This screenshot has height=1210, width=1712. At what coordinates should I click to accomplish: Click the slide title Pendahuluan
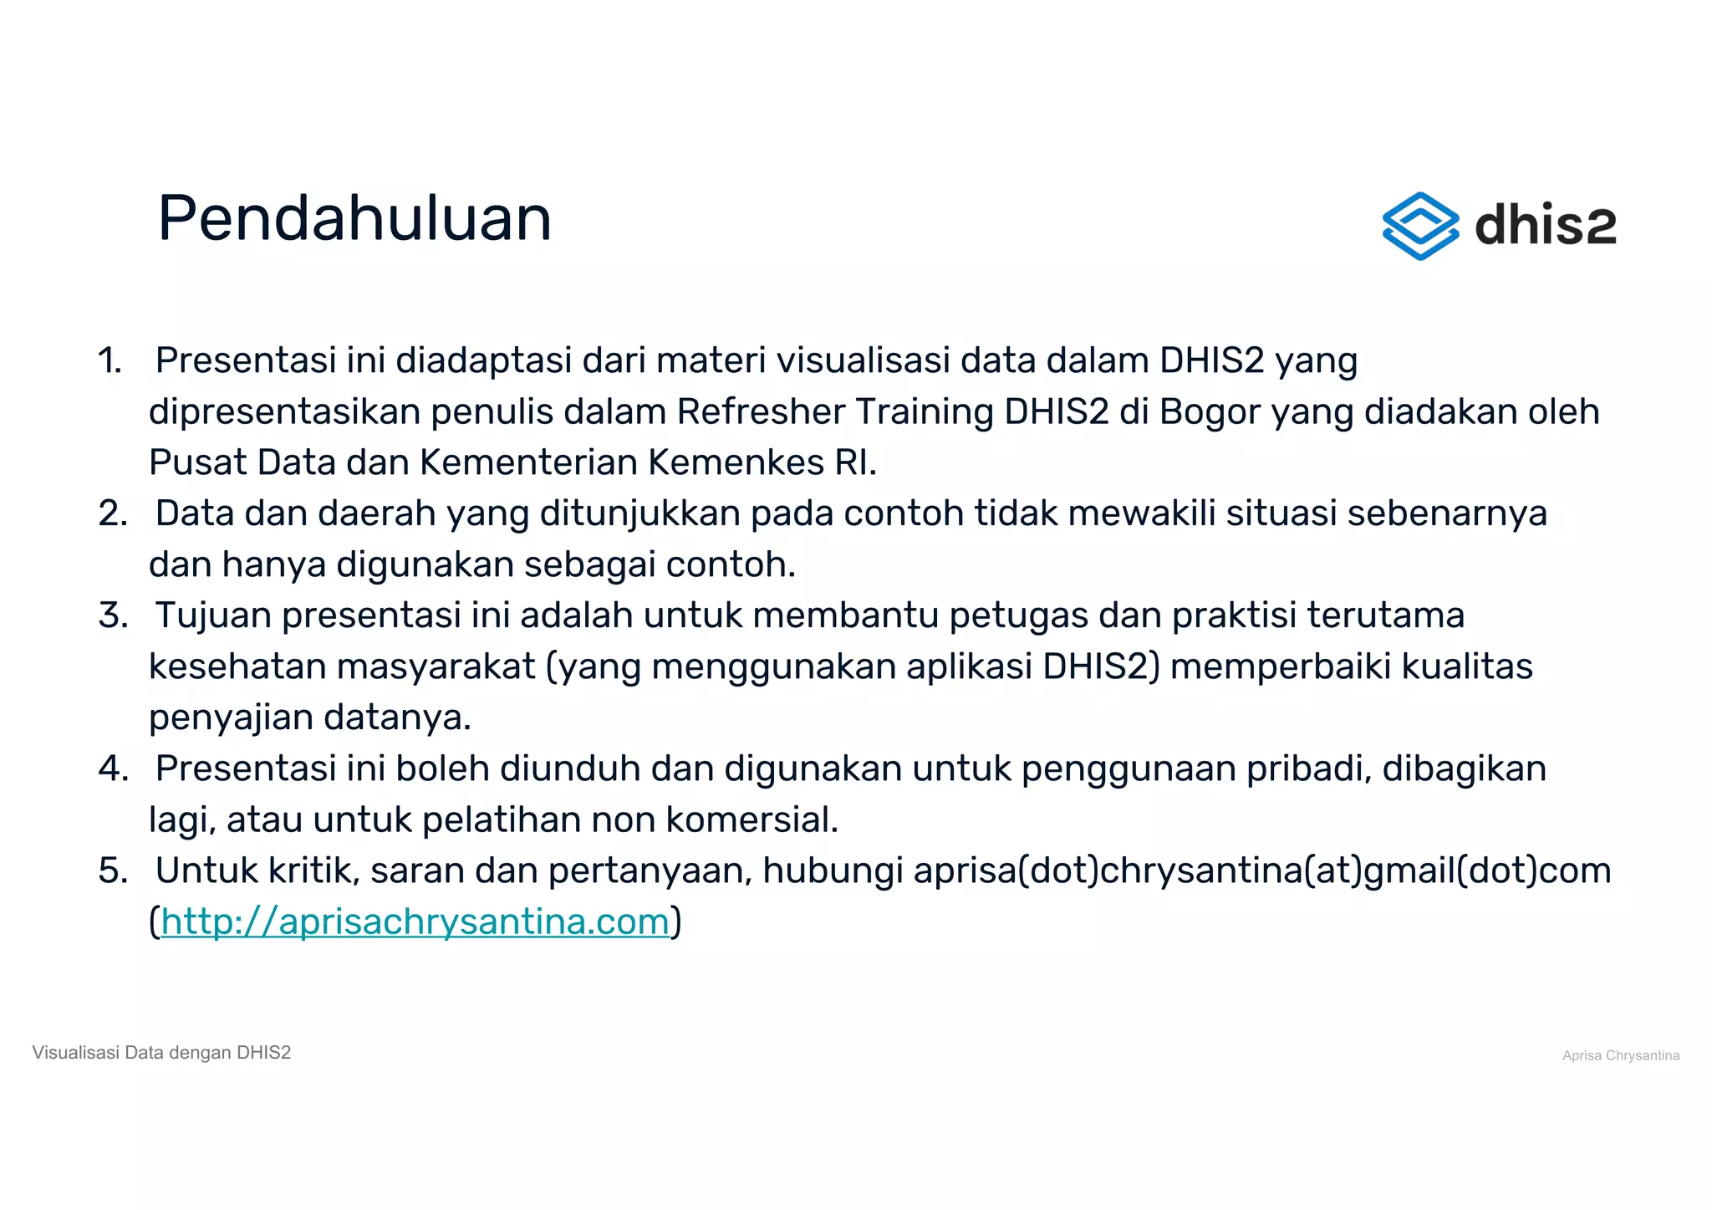(354, 218)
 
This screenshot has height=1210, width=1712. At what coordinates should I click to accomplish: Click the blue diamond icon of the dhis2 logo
(1420, 226)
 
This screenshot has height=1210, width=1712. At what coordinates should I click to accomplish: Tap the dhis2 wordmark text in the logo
(1545, 226)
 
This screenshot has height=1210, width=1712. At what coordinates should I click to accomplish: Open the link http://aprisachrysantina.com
(415, 922)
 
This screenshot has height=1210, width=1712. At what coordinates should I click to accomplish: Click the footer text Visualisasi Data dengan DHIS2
(161, 1053)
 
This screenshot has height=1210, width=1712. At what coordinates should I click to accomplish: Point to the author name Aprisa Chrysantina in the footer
(1620, 1055)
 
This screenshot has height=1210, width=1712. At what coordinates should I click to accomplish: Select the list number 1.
(110, 361)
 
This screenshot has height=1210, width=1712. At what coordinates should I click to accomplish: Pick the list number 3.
(113, 616)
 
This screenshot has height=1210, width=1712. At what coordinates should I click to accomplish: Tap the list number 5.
(113, 871)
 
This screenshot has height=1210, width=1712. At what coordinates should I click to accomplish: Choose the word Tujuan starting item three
(213, 616)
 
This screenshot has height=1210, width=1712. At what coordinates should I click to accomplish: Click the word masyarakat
(436, 667)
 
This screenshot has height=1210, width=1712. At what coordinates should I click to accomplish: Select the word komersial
(752, 820)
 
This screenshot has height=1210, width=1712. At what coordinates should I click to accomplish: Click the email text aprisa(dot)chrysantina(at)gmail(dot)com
(1261, 871)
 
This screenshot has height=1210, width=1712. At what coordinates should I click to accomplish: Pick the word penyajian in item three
(231, 718)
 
